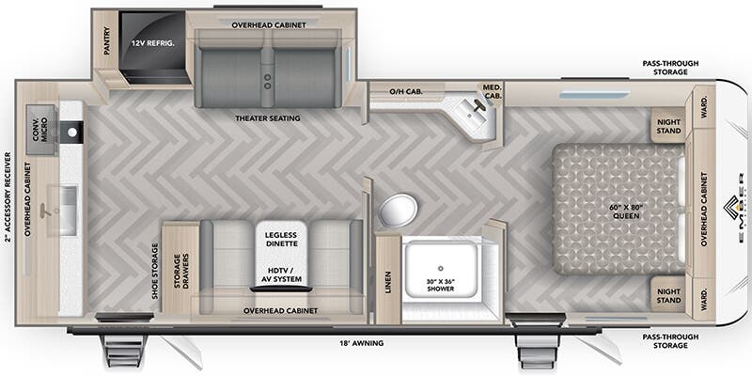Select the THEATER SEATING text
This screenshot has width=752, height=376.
(x=268, y=118)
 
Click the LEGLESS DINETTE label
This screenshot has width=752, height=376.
(x=281, y=240)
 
